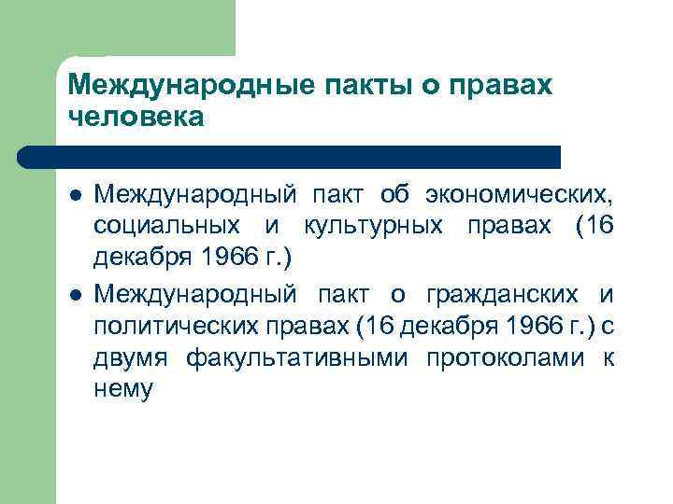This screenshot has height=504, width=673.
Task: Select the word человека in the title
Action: click(136, 118)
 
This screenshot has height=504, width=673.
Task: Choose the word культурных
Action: click(368, 226)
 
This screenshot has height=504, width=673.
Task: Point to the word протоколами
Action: click(500, 358)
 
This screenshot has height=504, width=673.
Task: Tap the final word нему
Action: click(122, 390)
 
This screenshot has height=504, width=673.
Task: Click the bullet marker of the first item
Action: click(75, 197)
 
